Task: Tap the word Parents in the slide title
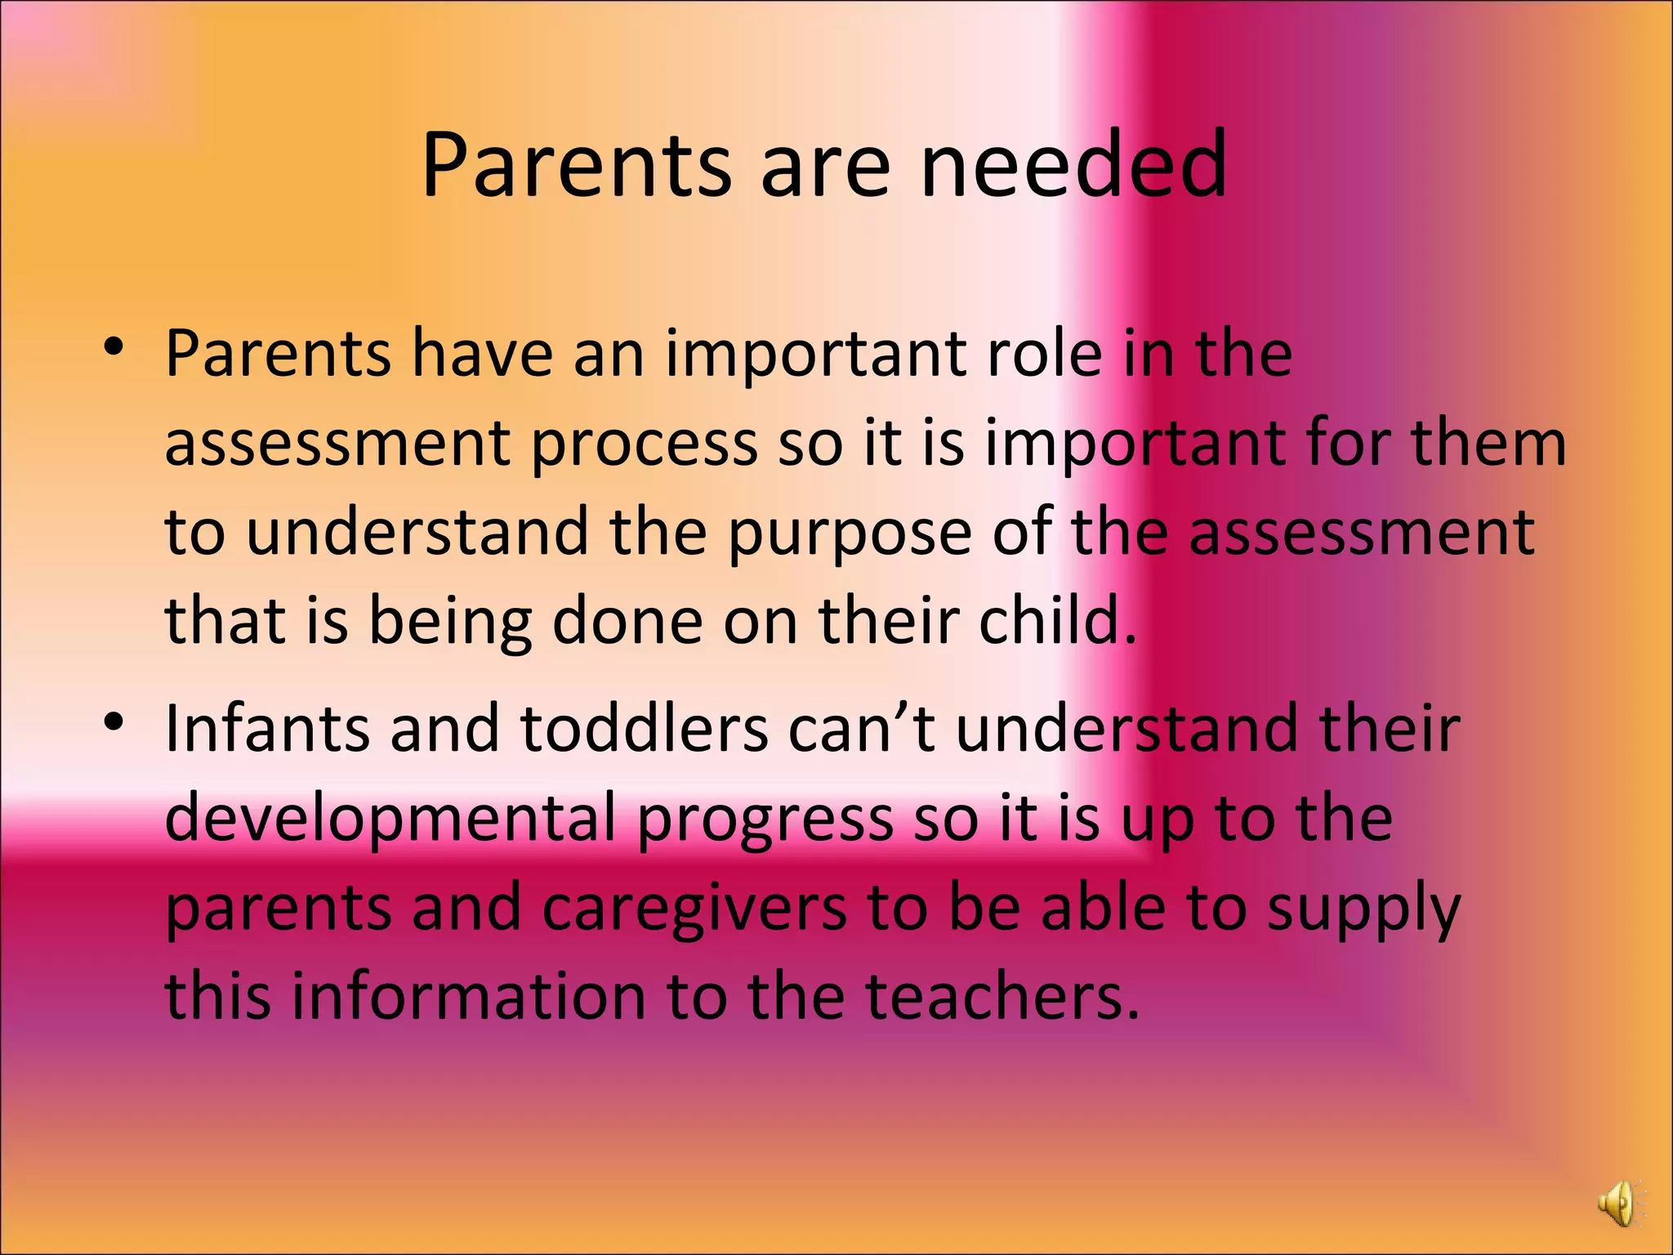(x=576, y=165)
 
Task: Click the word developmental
(x=390, y=819)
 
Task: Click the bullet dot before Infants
(x=114, y=721)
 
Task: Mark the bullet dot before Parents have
(x=114, y=348)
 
